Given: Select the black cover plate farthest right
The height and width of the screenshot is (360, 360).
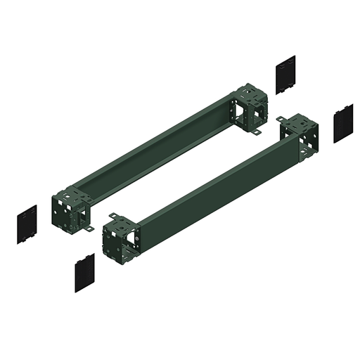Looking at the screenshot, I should point(343,123).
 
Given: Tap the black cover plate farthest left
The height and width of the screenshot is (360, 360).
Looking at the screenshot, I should point(26,224).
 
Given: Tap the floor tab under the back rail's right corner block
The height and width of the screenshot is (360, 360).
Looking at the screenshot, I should point(258,131).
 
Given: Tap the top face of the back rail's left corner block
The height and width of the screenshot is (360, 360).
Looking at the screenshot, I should point(71,191).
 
